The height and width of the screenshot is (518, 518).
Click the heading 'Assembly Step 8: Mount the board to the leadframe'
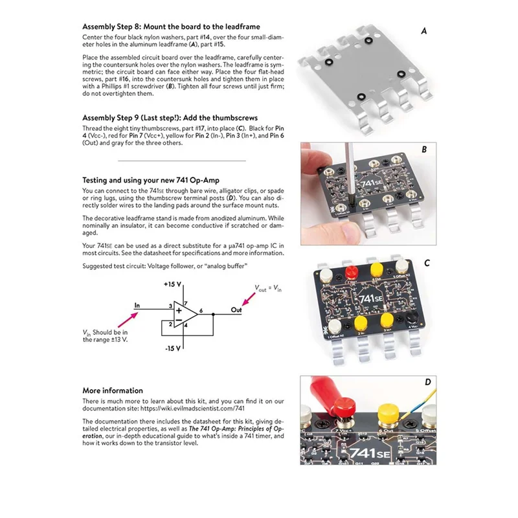click(x=171, y=27)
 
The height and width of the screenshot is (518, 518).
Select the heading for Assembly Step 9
click(x=170, y=118)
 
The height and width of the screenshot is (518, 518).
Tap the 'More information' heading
click(x=113, y=390)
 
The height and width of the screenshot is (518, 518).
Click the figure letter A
click(x=424, y=30)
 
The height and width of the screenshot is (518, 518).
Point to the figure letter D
click(x=427, y=382)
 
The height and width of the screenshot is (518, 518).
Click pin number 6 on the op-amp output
click(x=201, y=311)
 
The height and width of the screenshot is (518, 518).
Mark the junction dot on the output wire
click(x=213, y=315)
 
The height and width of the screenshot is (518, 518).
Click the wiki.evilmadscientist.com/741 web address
click(x=194, y=409)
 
